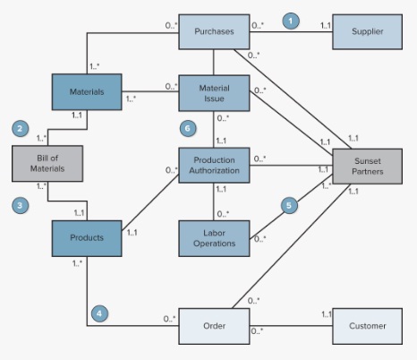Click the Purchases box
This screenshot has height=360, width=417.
[x=213, y=31]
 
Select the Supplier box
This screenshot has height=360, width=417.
[x=367, y=31]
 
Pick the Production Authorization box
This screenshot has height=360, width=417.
[x=213, y=165]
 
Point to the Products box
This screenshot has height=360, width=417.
[x=86, y=237]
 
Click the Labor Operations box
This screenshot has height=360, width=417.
[x=213, y=237]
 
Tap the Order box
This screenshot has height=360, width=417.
[x=213, y=326]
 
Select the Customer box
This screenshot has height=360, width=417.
[x=367, y=326]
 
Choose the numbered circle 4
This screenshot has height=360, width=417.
[x=99, y=313]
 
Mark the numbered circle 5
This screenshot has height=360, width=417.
[x=289, y=205]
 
